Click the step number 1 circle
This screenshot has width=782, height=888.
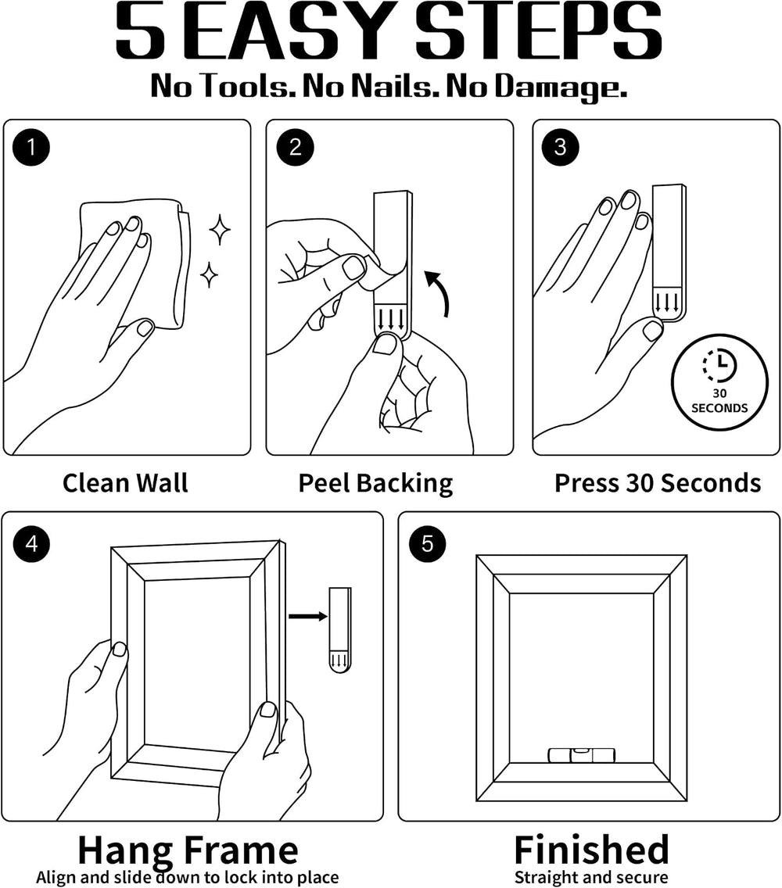(31, 147)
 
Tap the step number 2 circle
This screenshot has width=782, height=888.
(296, 147)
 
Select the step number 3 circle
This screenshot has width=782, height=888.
(561, 147)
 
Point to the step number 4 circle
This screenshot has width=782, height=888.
(32, 544)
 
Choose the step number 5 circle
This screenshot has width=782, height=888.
(427, 544)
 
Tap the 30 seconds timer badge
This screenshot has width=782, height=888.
(719, 383)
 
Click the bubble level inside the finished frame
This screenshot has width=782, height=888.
(581, 754)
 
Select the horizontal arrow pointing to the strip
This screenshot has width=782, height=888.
(307, 616)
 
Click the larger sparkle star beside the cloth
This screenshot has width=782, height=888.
(220, 229)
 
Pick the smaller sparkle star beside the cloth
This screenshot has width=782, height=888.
(209, 274)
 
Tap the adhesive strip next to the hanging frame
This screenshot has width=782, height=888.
(340, 630)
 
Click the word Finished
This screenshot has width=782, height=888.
(592, 849)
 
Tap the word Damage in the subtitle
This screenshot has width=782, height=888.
(561, 88)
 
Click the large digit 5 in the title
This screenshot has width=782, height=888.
(141, 30)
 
